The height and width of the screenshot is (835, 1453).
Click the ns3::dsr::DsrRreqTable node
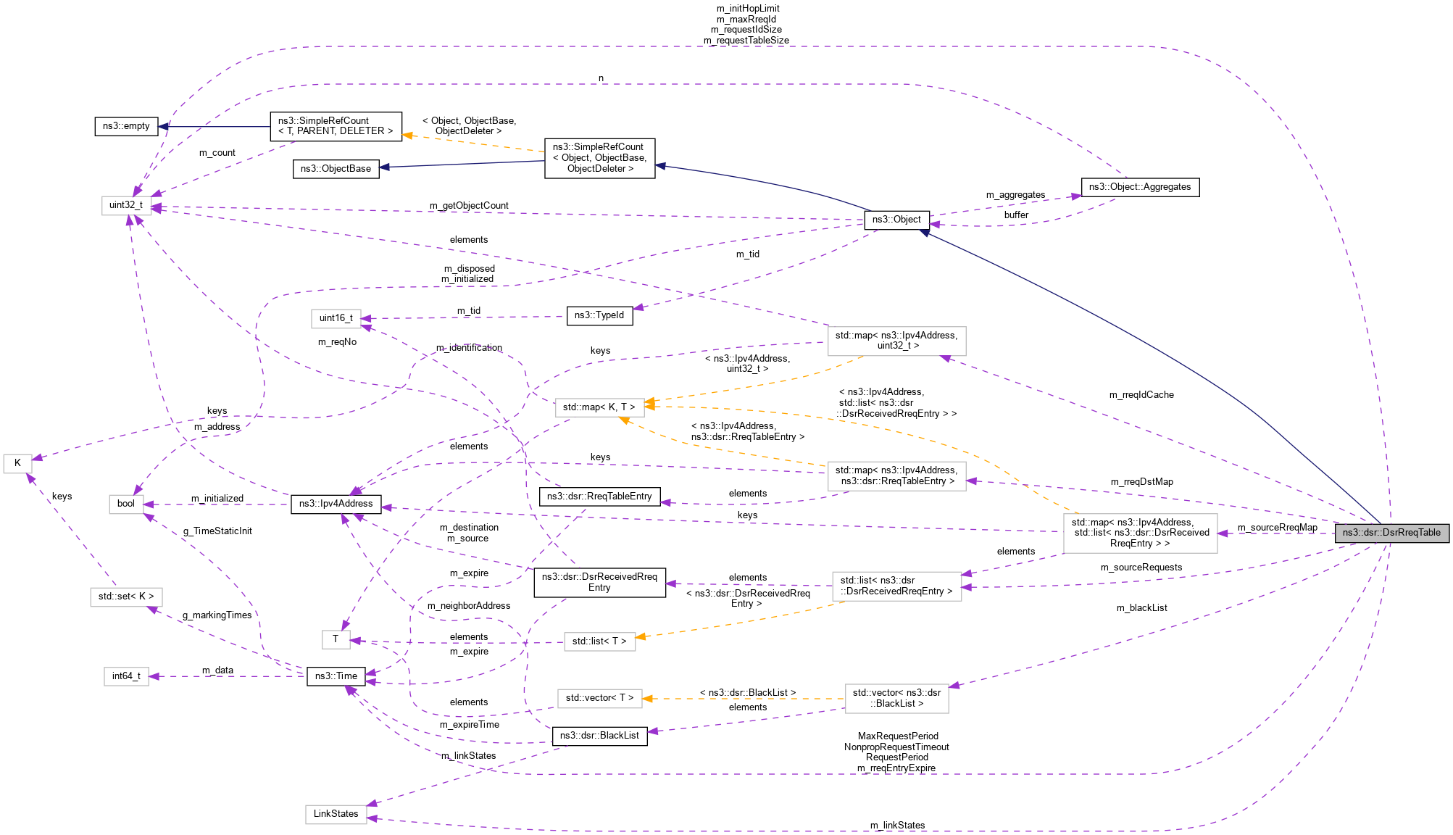(x=1391, y=533)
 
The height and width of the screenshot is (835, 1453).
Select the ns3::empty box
(x=126, y=126)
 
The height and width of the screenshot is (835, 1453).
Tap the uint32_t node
(x=126, y=205)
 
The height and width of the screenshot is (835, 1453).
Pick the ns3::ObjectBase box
(x=336, y=169)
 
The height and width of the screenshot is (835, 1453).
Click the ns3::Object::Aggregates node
(x=1140, y=187)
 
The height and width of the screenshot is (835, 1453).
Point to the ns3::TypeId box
(x=599, y=315)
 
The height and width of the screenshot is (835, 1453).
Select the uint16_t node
(x=336, y=318)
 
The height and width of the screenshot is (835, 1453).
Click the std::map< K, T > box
(x=599, y=407)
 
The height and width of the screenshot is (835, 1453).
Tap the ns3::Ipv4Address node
(x=336, y=504)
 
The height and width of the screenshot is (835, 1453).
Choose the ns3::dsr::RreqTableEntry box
(x=599, y=497)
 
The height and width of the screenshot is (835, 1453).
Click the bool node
(x=126, y=504)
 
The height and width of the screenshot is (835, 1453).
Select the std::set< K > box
(x=126, y=597)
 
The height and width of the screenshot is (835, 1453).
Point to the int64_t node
(x=126, y=676)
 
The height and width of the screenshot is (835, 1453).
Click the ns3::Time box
(x=336, y=676)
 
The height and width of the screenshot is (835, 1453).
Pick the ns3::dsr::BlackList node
(x=599, y=736)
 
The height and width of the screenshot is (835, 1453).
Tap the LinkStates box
(x=336, y=814)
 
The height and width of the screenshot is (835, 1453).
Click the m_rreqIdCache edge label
(x=1141, y=395)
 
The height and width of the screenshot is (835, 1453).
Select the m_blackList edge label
(x=1141, y=608)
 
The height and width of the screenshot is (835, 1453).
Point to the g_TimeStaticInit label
(x=217, y=531)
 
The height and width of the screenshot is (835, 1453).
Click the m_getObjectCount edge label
(x=469, y=206)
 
